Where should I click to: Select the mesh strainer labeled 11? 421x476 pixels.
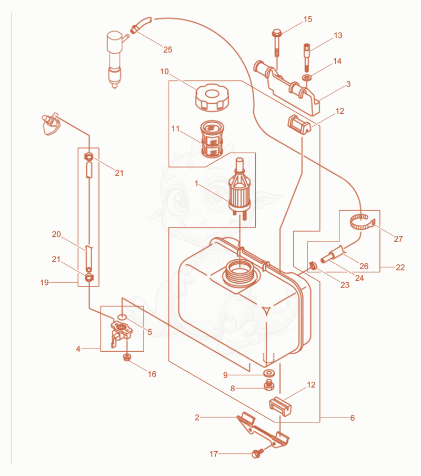click(x=212, y=139)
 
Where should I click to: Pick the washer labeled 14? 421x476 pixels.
click(x=307, y=77)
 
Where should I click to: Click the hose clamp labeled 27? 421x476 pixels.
click(x=363, y=223)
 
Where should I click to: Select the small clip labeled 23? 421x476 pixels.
click(x=313, y=266)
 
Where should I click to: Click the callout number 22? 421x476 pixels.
click(x=400, y=267)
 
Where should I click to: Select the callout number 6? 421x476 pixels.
click(x=352, y=418)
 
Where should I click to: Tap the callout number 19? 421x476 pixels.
click(x=44, y=283)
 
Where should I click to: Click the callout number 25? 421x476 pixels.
click(x=167, y=49)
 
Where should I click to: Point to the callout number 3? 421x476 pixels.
click(x=348, y=84)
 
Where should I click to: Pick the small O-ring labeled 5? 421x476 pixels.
click(x=122, y=318)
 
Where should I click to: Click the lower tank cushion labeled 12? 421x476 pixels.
click(x=280, y=406)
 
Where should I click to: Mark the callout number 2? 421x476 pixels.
click(x=197, y=418)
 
